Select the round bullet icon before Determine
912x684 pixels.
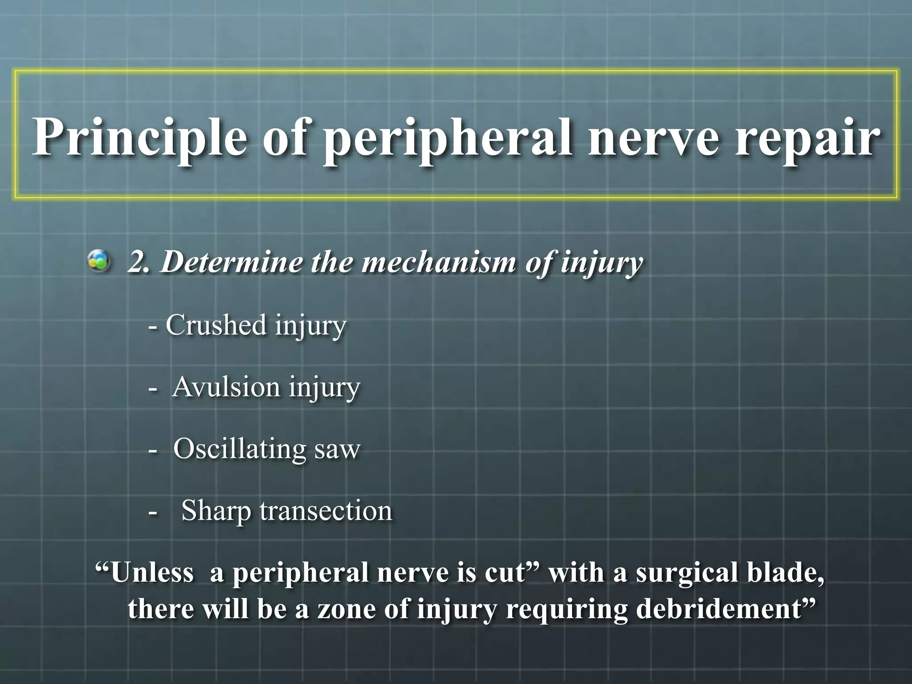99,261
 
